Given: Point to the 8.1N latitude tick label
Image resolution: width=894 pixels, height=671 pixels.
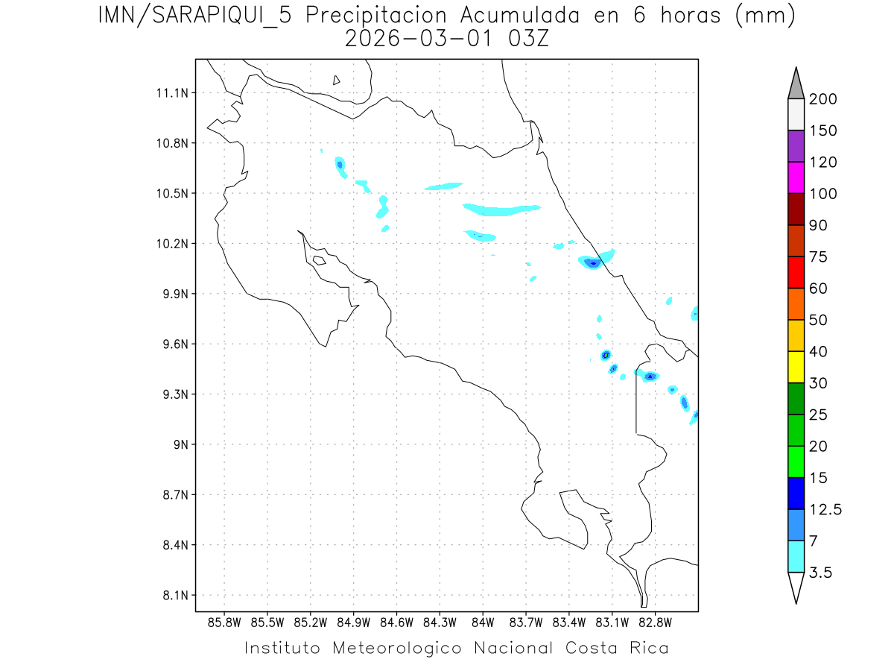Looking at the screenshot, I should (x=174, y=595).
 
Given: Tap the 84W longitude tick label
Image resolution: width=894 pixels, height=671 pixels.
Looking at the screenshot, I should (x=483, y=621).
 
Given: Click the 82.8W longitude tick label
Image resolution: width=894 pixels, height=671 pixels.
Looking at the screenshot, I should (x=655, y=621).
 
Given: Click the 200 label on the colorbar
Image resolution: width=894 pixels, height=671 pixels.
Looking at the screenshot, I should (x=822, y=99).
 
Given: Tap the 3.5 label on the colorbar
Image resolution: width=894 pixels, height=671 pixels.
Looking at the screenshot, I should (x=820, y=573).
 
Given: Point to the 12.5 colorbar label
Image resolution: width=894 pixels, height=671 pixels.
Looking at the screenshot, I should (x=824, y=509).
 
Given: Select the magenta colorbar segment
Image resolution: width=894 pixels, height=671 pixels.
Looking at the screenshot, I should (x=796, y=177).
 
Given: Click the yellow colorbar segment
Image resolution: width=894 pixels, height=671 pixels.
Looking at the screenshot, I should (x=796, y=367).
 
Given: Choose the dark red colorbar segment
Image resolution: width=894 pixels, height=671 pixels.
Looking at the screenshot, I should (x=796, y=209).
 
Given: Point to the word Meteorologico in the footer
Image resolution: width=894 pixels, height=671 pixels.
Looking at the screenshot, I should (x=403, y=648).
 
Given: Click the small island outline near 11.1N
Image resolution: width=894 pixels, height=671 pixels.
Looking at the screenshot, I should (x=337, y=80).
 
